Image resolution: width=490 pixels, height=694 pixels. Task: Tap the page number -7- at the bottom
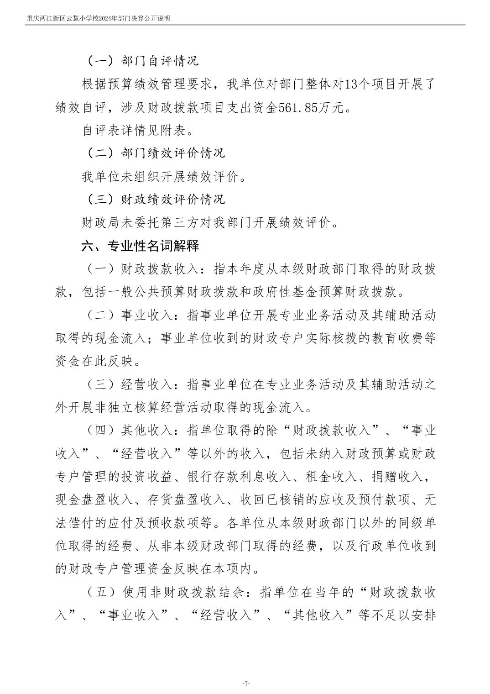tap(245, 683)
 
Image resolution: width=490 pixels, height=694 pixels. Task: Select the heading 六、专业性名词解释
tap(141, 246)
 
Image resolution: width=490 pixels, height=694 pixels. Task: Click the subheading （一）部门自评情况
tap(143, 61)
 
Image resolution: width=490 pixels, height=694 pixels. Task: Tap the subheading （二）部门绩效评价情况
tap(156, 153)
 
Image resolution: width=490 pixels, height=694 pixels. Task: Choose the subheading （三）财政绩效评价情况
tap(156, 200)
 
